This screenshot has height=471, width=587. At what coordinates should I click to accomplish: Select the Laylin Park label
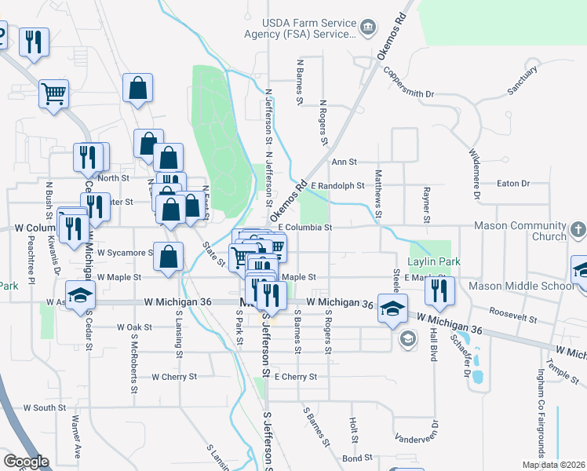point(432,261)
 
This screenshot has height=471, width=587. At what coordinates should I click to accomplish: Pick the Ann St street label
point(344,162)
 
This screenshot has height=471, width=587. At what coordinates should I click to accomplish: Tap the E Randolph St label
point(337,186)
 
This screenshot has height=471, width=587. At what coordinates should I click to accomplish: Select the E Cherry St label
point(295,377)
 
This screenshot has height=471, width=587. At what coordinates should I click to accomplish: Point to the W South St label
point(45,407)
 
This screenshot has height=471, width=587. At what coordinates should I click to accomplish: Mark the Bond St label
point(356,457)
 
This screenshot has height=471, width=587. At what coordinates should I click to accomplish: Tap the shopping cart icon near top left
point(53,93)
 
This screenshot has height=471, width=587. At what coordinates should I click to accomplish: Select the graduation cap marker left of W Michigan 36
point(80,295)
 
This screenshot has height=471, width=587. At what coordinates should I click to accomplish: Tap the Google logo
point(26,462)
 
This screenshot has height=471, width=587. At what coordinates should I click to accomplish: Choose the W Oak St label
point(133,327)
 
